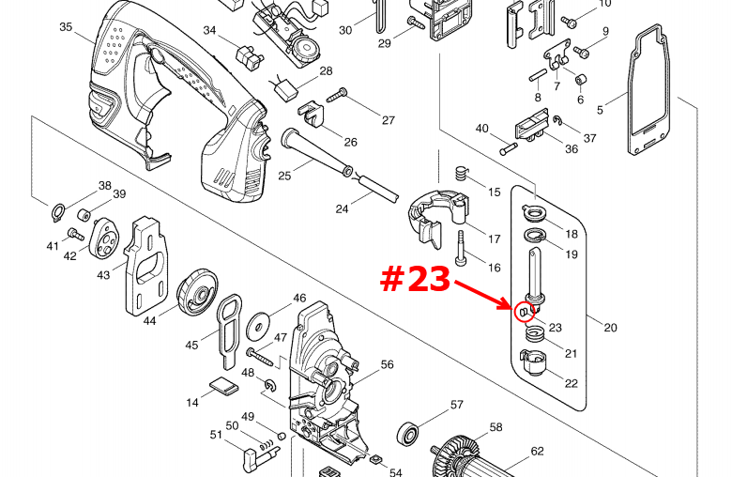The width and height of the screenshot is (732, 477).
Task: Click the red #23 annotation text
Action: [x=415, y=280]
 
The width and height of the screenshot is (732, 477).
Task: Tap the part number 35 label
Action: [x=66, y=27]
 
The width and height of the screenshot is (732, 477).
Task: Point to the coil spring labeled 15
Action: [x=462, y=175]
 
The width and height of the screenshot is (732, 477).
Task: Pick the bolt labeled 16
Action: [x=461, y=249]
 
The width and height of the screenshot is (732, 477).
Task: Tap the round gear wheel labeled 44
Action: [x=197, y=292]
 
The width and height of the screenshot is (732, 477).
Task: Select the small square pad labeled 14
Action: [x=223, y=386]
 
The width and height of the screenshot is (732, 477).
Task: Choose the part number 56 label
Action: [x=387, y=364]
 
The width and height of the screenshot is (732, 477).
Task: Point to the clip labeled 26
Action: [x=311, y=114]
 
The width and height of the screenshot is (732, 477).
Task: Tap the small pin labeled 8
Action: [x=538, y=75]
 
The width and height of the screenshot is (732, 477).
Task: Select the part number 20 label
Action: [x=610, y=328]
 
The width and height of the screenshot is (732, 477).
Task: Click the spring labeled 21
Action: [x=536, y=333]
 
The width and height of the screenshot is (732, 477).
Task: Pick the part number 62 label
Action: [x=538, y=451]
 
